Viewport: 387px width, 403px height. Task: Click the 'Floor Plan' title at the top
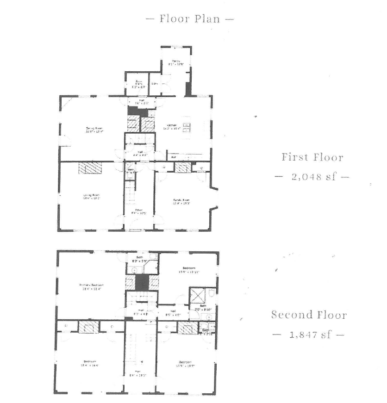tap(189, 19)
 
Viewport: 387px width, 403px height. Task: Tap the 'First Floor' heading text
tap(312, 157)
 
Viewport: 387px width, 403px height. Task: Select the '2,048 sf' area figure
tap(312, 177)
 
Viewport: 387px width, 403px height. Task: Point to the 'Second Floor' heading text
tap(309, 315)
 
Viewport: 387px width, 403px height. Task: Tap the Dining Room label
tap(94, 130)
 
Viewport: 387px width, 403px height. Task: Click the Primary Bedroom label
tap(91, 286)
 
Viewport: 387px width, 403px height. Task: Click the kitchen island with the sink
tap(187, 128)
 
